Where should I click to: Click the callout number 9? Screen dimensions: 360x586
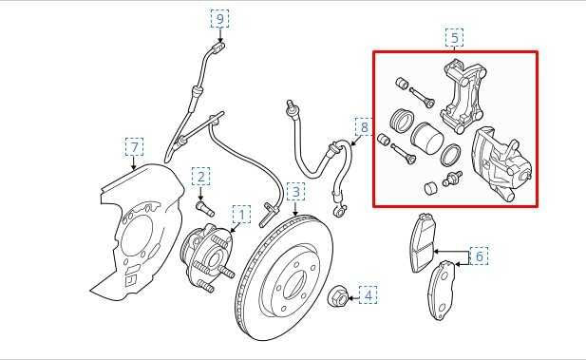[220, 18]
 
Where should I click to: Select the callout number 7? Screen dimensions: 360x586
[135, 146]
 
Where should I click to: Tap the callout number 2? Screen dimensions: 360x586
[200, 176]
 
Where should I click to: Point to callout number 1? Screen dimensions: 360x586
[241, 216]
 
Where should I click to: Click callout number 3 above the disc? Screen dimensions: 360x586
[296, 193]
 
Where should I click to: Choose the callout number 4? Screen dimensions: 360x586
[368, 295]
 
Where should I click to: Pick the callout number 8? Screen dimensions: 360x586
[363, 126]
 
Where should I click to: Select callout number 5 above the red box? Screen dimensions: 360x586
[454, 37]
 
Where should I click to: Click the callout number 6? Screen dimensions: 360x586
[479, 256]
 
